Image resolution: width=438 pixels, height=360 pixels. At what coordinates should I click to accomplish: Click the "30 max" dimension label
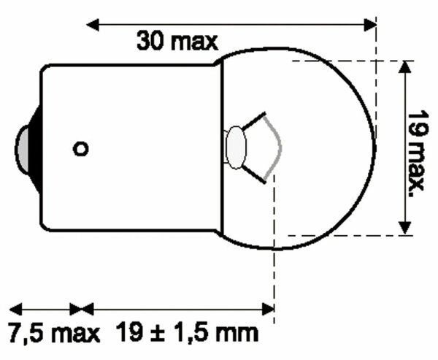(177, 40)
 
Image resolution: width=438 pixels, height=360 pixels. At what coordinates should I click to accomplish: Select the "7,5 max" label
(53, 334)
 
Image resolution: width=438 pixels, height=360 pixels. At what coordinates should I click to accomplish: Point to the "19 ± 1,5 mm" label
(188, 334)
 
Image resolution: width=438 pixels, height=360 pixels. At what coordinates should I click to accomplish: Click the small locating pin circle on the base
(81, 148)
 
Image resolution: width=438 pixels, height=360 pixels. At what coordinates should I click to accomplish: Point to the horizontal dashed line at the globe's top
(343, 61)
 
